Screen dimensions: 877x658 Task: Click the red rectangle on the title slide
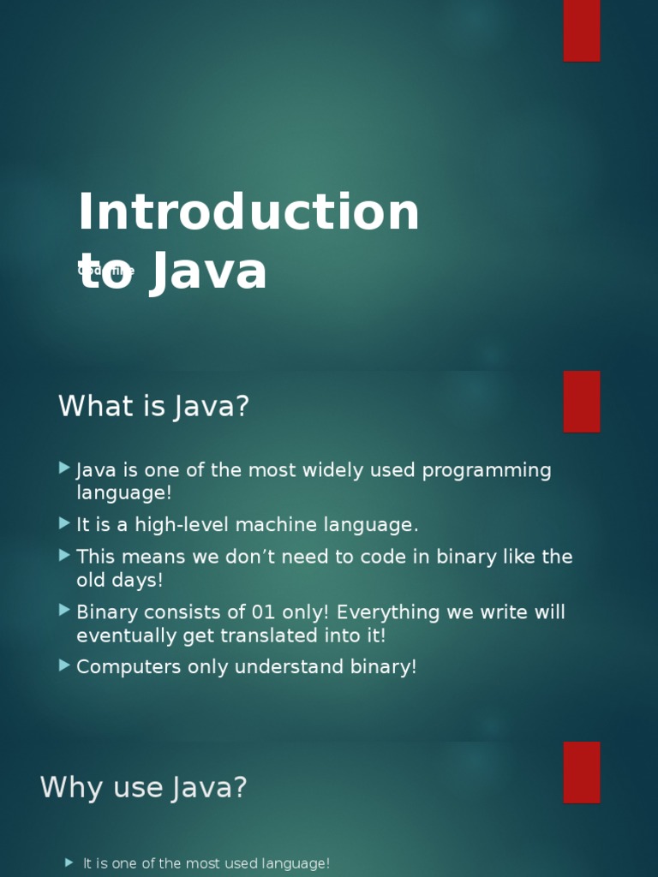coord(582,30)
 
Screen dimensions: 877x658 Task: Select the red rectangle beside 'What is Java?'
coord(582,401)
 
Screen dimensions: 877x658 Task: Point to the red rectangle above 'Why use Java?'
coord(582,772)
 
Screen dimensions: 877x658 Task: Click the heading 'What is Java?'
coord(153,406)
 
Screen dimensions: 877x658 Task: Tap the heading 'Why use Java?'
coord(144,786)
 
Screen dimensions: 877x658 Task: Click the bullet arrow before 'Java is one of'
coord(64,468)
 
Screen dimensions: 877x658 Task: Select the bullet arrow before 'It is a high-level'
coord(64,523)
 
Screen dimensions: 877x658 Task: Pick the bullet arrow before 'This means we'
coord(64,555)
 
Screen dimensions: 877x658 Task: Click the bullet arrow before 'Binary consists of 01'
coord(64,611)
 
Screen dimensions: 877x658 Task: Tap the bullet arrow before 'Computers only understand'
coord(64,665)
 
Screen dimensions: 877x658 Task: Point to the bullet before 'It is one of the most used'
coord(69,862)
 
